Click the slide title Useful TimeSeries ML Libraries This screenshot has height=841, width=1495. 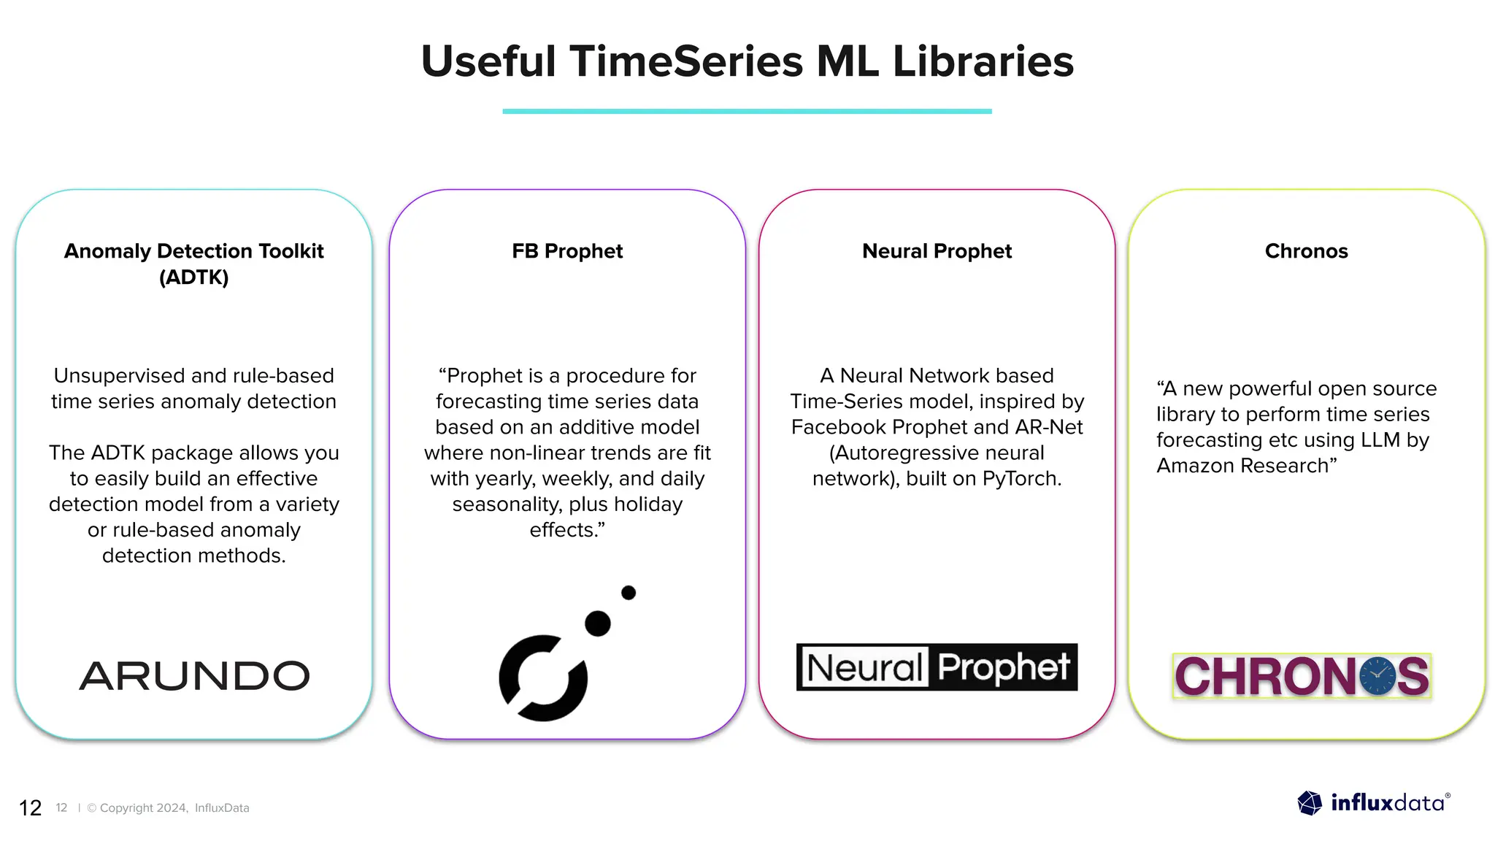[747, 61]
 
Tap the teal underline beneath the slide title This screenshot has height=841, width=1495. [747, 111]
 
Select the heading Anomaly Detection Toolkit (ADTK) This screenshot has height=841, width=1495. [193, 264]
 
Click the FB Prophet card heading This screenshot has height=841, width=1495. [567, 251]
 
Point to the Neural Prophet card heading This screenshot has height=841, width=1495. [937, 251]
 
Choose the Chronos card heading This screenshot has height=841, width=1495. [1306, 251]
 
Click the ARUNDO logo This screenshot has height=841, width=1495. [194, 676]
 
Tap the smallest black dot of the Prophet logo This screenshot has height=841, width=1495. [629, 593]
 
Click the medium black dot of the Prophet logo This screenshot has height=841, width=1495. [598, 623]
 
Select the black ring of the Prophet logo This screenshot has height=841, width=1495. [542, 679]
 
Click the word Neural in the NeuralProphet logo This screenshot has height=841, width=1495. [864, 667]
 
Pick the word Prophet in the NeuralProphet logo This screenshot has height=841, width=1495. [1004, 667]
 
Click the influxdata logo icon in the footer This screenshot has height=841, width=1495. [1310, 803]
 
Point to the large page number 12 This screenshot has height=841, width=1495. [30, 808]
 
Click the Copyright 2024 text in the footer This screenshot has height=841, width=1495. [143, 808]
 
